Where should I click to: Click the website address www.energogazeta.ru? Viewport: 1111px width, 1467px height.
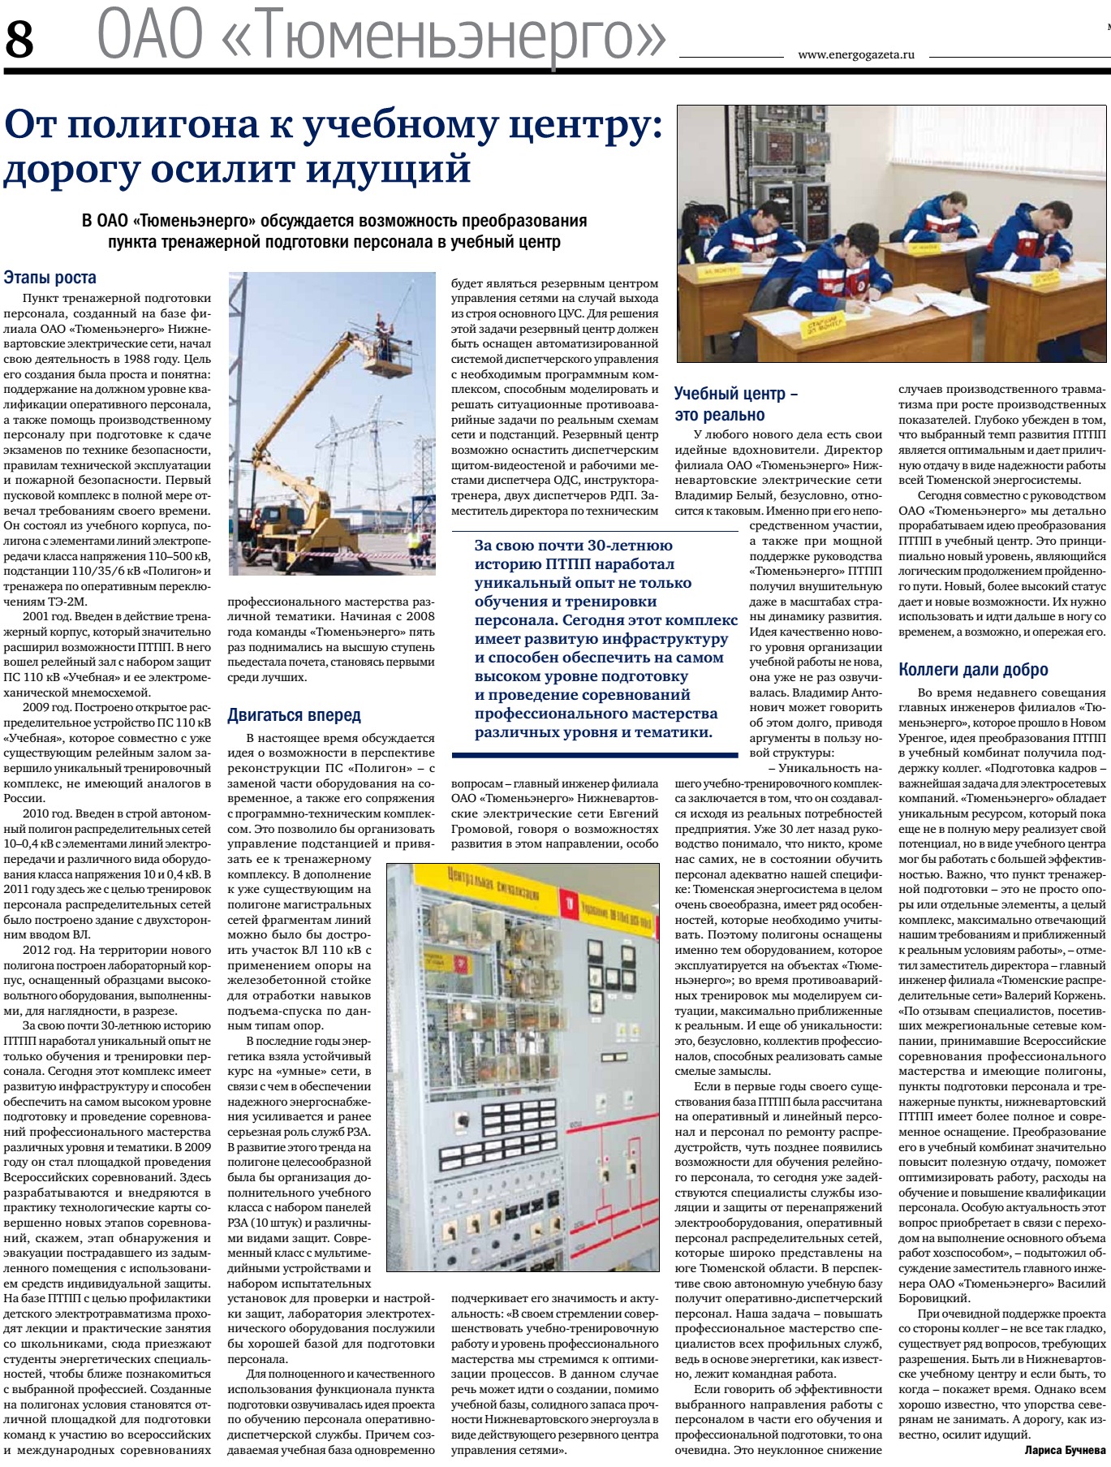pos(856,55)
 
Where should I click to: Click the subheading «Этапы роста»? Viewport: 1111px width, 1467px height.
pos(50,278)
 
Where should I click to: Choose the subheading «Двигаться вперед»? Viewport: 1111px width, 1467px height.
pos(294,715)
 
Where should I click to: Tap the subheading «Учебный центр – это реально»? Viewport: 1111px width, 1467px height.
pos(735,404)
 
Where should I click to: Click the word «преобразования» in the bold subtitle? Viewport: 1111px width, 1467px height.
pos(524,221)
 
